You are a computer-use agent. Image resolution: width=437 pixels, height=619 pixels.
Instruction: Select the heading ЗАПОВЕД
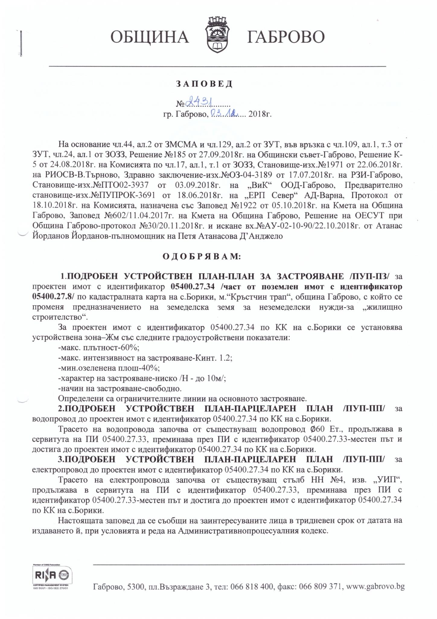tap(204, 84)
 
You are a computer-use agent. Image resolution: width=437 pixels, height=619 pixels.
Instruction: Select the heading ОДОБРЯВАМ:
tap(202, 257)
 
